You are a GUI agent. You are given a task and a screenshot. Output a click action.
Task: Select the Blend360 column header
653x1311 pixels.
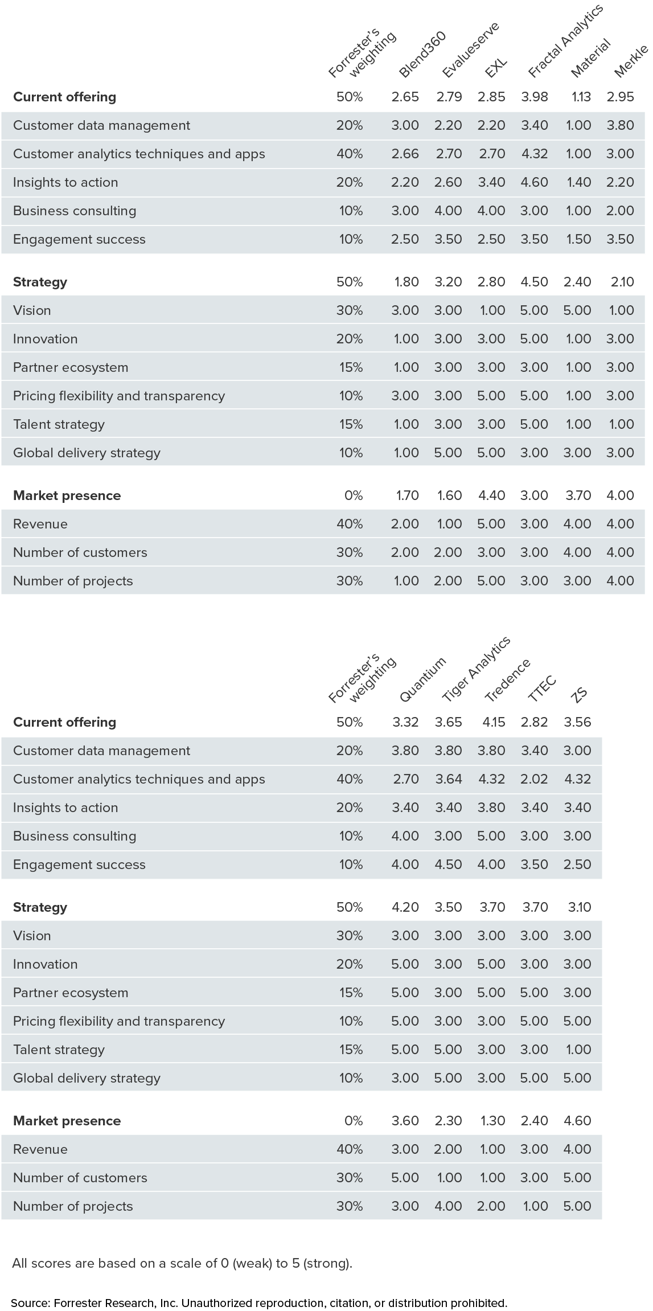tap(422, 55)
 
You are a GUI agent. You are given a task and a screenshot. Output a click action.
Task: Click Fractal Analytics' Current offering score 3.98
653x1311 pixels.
tap(534, 97)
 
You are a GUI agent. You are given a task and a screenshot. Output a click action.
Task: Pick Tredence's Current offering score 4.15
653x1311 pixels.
tap(492, 722)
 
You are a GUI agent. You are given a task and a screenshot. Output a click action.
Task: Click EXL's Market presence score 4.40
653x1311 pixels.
tap(491, 495)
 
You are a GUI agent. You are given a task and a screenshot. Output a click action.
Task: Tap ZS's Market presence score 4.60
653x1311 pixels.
tap(577, 1121)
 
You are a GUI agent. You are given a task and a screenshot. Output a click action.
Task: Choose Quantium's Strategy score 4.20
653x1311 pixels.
tap(405, 907)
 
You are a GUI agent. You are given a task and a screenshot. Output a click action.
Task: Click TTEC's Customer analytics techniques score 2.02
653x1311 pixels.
tap(534, 779)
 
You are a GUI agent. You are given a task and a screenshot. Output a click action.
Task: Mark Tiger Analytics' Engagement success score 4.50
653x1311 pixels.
tap(448, 865)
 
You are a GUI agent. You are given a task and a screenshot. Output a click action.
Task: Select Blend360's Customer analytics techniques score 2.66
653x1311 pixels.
tap(405, 154)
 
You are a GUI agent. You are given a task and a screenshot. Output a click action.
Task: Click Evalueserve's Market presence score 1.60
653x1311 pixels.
tap(449, 495)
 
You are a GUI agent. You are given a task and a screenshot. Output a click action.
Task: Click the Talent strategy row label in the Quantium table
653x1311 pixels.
tap(59, 1050)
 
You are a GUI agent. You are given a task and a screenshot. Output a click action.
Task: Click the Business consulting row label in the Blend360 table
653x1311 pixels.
tap(75, 211)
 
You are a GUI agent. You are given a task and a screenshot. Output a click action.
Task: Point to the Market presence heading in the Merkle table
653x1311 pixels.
tap(67, 495)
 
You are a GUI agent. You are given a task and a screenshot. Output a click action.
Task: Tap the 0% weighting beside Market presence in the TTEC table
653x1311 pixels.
tap(353, 1121)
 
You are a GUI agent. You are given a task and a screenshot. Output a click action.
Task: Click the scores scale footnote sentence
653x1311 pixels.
tap(182, 1263)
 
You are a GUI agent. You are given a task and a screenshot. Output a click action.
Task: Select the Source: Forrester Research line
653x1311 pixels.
tap(258, 1303)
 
